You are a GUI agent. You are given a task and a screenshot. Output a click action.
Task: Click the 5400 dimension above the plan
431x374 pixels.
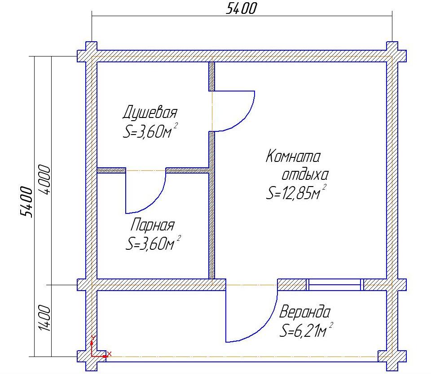(242, 8)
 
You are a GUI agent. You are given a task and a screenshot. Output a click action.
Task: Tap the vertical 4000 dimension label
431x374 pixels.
(44, 180)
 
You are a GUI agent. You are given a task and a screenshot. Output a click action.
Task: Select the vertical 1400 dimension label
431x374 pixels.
(44, 318)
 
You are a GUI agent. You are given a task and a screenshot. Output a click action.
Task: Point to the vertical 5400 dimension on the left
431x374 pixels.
(26, 202)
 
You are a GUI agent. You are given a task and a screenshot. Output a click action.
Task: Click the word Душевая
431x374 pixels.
(150, 112)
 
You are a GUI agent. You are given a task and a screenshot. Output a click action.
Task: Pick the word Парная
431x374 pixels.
(153, 225)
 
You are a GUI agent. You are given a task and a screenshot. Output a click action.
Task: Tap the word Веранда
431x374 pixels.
(304, 312)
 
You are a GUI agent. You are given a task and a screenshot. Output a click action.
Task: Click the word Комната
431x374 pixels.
(293, 156)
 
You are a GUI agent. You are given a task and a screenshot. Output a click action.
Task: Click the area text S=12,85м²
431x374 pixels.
(296, 192)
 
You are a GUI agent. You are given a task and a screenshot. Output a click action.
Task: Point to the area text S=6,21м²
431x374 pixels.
(306, 330)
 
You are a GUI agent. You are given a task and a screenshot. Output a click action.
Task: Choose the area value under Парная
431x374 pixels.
(153, 243)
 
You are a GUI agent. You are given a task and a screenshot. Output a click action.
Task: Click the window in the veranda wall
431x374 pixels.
(335, 285)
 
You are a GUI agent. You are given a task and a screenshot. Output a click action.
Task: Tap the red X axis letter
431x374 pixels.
(110, 354)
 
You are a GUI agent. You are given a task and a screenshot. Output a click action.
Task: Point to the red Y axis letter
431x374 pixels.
(93, 338)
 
